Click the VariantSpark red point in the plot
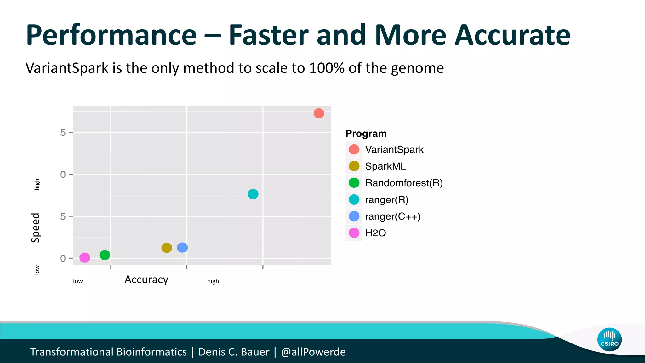pyautogui.click(x=319, y=113)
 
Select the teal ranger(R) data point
pyautogui.click(x=253, y=194)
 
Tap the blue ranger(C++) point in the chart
pyautogui.click(x=182, y=248)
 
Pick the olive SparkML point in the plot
pyautogui.click(x=167, y=248)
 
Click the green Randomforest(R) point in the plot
pyautogui.click(x=105, y=255)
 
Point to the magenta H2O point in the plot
pyautogui.click(x=85, y=258)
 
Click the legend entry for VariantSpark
pyautogui.click(x=394, y=149)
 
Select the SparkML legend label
pyautogui.click(x=385, y=166)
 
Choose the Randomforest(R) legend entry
pyautogui.click(x=404, y=183)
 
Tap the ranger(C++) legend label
pyautogui.click(x=392, y=216)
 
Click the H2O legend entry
pyautogui.click(x=375, y=233)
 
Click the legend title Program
pyautogui.click(x=366, y=134)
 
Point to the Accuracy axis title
pyautogui.click(x=146, y=279)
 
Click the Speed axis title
pyautogui.click(x=36, y=228)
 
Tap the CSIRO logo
pyautogui.click(x=609, y=339)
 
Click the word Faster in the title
pyautogui.click(x=268, y=35)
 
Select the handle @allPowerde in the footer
pyautogui.click(x=313, y=352)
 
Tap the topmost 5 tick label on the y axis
pyautogui.click(x=63, y=133)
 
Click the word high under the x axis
pyautogui.click(x=213, y=281)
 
